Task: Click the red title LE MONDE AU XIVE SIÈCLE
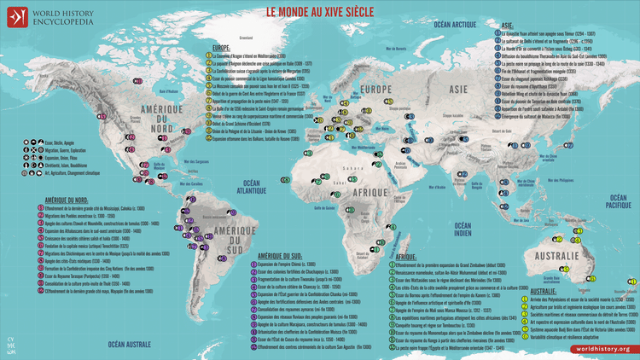(x=319, y=13)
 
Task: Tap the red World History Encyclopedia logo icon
(x=15, y=15)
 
